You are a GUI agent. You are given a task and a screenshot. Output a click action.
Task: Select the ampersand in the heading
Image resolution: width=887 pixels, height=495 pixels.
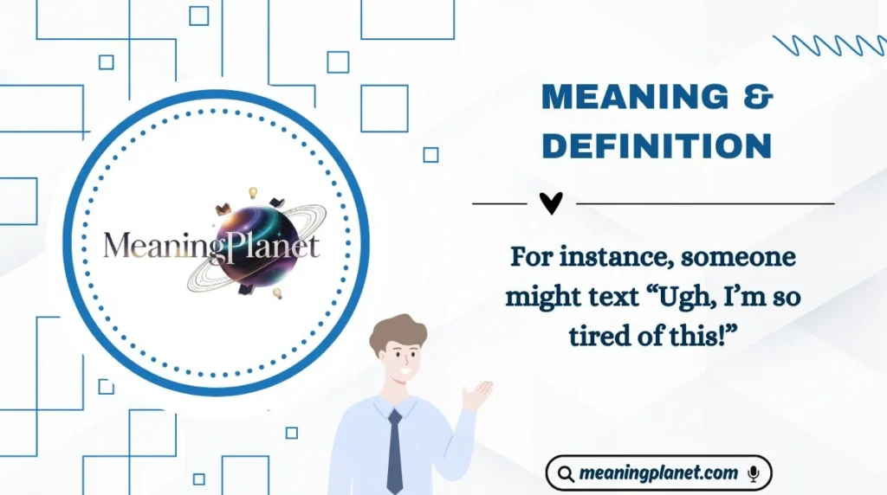758,98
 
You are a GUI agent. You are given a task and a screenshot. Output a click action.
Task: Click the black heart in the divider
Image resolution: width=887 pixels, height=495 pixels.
551,203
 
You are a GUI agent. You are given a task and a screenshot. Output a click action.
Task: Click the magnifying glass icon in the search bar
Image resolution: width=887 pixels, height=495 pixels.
566,473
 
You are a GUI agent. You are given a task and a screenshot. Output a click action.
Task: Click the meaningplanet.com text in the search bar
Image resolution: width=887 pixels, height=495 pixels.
658,473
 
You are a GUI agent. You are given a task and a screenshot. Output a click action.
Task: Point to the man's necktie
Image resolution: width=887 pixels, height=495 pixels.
395,450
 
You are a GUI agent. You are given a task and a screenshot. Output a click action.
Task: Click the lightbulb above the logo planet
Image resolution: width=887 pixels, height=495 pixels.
254,192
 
